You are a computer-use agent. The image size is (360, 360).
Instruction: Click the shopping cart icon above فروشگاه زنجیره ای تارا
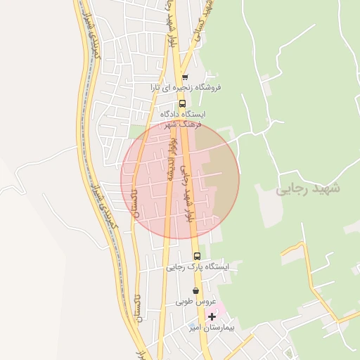(185, 77)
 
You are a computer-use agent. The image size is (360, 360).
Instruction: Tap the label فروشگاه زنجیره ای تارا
(185, 87)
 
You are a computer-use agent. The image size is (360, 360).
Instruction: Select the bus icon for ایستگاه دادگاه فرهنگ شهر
(183, 103)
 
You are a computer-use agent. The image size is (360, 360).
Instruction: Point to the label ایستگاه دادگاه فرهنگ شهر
(181, 118)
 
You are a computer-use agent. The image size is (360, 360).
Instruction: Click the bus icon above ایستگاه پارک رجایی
(197, 257)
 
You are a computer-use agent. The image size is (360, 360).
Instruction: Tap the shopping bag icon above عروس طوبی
(195, 290)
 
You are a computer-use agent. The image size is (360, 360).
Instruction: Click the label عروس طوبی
(195, 301)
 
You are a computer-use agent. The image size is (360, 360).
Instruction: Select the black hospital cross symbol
(212, 316)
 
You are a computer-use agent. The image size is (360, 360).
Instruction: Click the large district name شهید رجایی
(307, 189)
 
